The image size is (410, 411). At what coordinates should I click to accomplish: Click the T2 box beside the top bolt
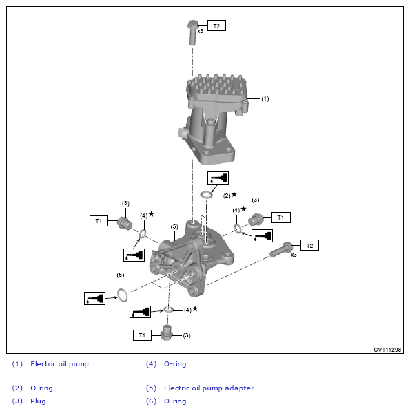click(x=216, y=25)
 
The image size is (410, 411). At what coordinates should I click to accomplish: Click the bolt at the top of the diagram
click(x=192, y=32)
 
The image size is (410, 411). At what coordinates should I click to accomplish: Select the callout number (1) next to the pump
click(x=265, y=99)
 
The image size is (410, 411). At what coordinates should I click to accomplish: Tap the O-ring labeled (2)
click(x=206, y=195)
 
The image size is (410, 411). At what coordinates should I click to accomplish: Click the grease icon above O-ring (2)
click(x=218, y=178)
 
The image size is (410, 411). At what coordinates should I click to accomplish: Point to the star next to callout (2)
click(x=234, y=194)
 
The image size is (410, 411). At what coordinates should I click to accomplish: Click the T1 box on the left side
click(x=99, y=221)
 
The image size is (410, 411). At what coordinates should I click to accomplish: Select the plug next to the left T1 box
click(x=124, y=224)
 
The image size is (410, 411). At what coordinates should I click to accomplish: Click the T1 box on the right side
click(x=280, y=218)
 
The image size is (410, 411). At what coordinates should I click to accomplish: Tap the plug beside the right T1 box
click(x=256, y=220)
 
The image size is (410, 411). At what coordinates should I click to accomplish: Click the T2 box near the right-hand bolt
click(x=309, y=245)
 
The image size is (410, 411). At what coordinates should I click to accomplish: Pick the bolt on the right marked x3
click(x=281, y=249)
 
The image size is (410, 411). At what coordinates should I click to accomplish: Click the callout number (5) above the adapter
click(x=174, y=226)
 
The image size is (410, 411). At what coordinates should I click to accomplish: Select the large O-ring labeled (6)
click(x=122, y=295)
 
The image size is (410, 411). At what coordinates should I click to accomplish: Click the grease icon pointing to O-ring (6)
click(x=94, y=299)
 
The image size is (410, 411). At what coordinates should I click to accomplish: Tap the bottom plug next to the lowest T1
click(x=166, y=333)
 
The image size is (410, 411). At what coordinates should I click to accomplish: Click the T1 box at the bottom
click(x=142, y=335)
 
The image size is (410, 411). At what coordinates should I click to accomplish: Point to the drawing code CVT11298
click(x=387, y=350)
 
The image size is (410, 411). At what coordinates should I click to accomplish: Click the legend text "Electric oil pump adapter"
click(x=209, y=388)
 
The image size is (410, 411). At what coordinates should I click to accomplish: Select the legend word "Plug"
click(x=38, y=401)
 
